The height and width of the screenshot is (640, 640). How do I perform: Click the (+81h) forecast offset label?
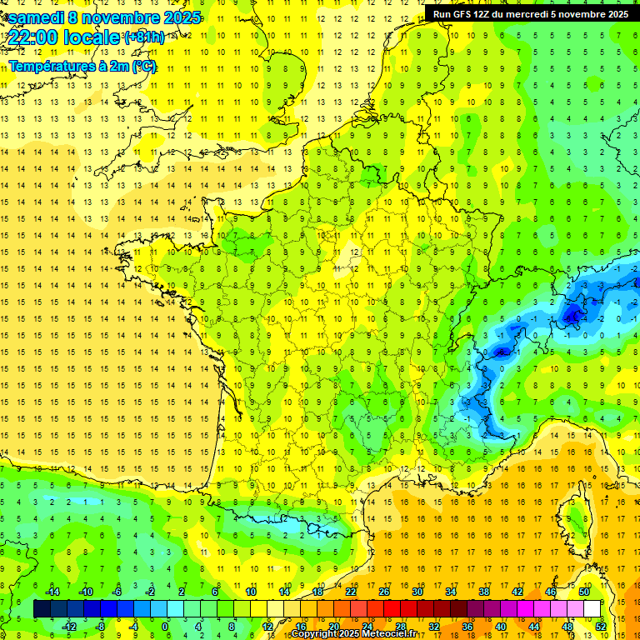(x=143, y=37)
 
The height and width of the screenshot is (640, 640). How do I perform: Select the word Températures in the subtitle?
(x=55, y=67)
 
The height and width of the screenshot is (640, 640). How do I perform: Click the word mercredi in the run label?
(x=527, y=14)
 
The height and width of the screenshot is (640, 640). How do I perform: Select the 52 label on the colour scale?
(x=600, y=627)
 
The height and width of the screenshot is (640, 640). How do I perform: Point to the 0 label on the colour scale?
(x=166, y=627)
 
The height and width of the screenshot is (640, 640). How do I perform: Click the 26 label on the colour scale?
(x=384, y=591)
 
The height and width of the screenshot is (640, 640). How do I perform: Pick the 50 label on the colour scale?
(x=584, y=591)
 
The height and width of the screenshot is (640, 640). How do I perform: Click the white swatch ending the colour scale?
(x=592, y=609)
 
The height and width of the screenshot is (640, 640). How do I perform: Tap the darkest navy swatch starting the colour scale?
(x=42, y=609)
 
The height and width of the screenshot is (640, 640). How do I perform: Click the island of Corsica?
(x=574, y=517)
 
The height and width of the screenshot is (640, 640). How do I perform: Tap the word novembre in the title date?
(x=125, y=17)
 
